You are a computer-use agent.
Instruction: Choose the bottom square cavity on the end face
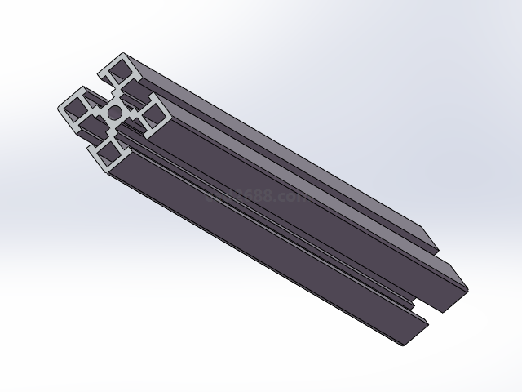pyautogui.click(x=108, y=152)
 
